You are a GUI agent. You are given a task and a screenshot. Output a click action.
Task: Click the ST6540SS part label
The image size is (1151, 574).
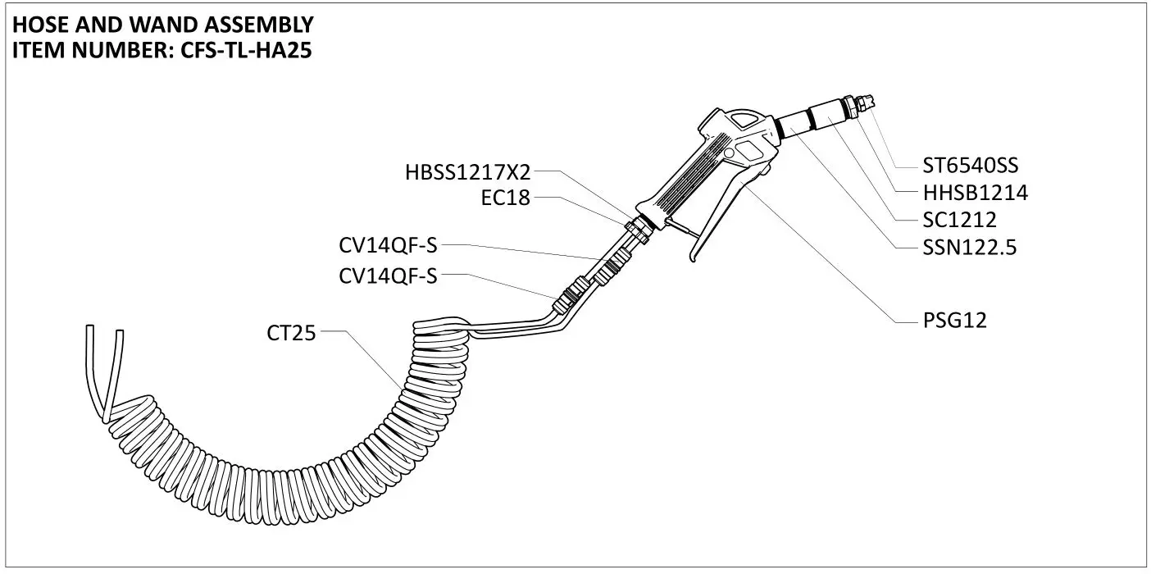[x=970, y=166]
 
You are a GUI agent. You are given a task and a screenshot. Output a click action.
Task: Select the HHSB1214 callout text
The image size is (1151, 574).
[x=975, y=194]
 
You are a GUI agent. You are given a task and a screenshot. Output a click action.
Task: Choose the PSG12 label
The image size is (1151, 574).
[x=951, y=321]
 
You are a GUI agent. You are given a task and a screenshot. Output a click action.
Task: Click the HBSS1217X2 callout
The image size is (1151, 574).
[x=468, y=173]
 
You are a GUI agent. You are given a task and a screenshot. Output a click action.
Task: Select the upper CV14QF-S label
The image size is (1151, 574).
[x=388, y=245]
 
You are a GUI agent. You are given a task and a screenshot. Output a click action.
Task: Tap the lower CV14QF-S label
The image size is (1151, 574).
[x=388, y=276]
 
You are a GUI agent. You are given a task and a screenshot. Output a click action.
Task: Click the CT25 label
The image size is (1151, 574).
[x=291, y=333]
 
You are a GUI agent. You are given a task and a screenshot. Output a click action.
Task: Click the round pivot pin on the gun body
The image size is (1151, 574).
[x=728, y=154]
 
